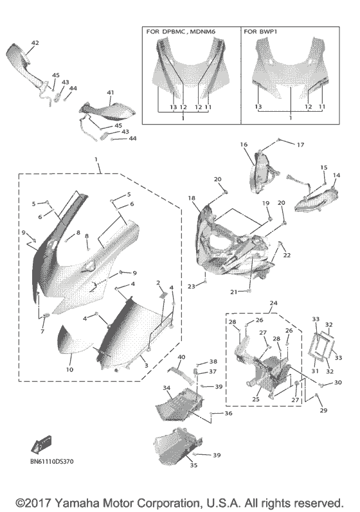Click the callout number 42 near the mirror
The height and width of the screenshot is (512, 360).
click(35, 43)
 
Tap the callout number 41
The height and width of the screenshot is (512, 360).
click(111, 93)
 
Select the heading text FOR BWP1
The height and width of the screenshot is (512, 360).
click(261, 31)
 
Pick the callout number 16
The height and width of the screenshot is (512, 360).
click(244, 146)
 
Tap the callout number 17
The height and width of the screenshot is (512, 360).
click(300, 145)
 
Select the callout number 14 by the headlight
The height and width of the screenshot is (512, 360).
click(336, 175)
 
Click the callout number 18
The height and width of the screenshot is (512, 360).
click(192, 199)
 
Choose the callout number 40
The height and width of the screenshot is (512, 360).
click(181, 357)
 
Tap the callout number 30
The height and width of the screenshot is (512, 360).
click(339, 383)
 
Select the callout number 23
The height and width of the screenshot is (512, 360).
click(191, 286)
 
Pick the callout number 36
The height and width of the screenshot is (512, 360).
click(228, 414)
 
